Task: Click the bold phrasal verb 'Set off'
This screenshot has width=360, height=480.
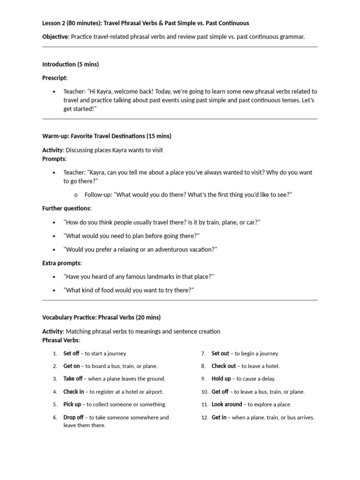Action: [x=71, y=353]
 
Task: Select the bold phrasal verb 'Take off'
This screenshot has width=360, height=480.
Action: [x=73, y=379]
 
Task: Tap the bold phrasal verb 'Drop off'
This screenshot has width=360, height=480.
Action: [x=74, y=417]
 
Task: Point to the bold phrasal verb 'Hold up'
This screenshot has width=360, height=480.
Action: [x=221, y=379]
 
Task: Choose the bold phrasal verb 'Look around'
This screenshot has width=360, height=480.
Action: [x=227, y=405]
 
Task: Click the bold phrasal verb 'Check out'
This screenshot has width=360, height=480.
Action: [x=224, y=366]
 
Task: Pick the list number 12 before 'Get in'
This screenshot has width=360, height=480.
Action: [x=204, y=418]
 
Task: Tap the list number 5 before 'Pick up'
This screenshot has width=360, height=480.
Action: [x=55, y=405]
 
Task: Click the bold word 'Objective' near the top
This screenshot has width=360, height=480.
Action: [x=55, y=37]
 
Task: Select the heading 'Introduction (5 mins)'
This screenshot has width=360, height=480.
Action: [x=70, y=64]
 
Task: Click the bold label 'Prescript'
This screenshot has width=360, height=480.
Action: [x=55, y=77]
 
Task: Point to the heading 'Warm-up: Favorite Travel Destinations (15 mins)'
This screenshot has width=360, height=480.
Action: [x=107, y=136]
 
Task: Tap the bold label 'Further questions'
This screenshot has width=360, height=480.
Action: [x=67, y=208]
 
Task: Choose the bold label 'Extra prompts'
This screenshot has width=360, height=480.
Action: [x=62, y=263]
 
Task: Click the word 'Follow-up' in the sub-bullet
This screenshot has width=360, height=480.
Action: [x=98, y=195]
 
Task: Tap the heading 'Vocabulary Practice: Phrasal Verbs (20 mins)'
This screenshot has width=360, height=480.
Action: [x=101, y=317]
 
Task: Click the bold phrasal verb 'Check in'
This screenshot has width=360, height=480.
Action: [x=74, y=392]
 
